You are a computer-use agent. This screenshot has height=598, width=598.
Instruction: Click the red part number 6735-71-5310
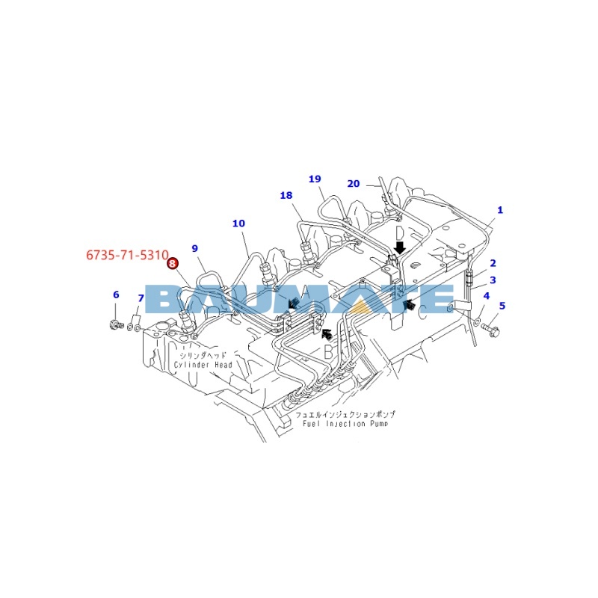pos(127,255)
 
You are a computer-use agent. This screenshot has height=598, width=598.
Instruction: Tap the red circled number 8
pos(173,263)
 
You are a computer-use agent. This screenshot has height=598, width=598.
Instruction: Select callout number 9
pos(195,249)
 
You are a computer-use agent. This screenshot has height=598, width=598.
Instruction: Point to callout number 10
pos(238,224)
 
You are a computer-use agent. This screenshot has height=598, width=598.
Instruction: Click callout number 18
pos(286,195)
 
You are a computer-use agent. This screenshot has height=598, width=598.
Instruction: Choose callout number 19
pos(315,179)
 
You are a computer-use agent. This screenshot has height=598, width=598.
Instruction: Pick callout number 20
pos(354,184)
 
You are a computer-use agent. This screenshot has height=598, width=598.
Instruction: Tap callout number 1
pos(500,210)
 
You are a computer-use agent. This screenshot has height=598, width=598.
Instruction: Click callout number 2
pos(493,263)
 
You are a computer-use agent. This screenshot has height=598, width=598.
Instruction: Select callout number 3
pos(493,280)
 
